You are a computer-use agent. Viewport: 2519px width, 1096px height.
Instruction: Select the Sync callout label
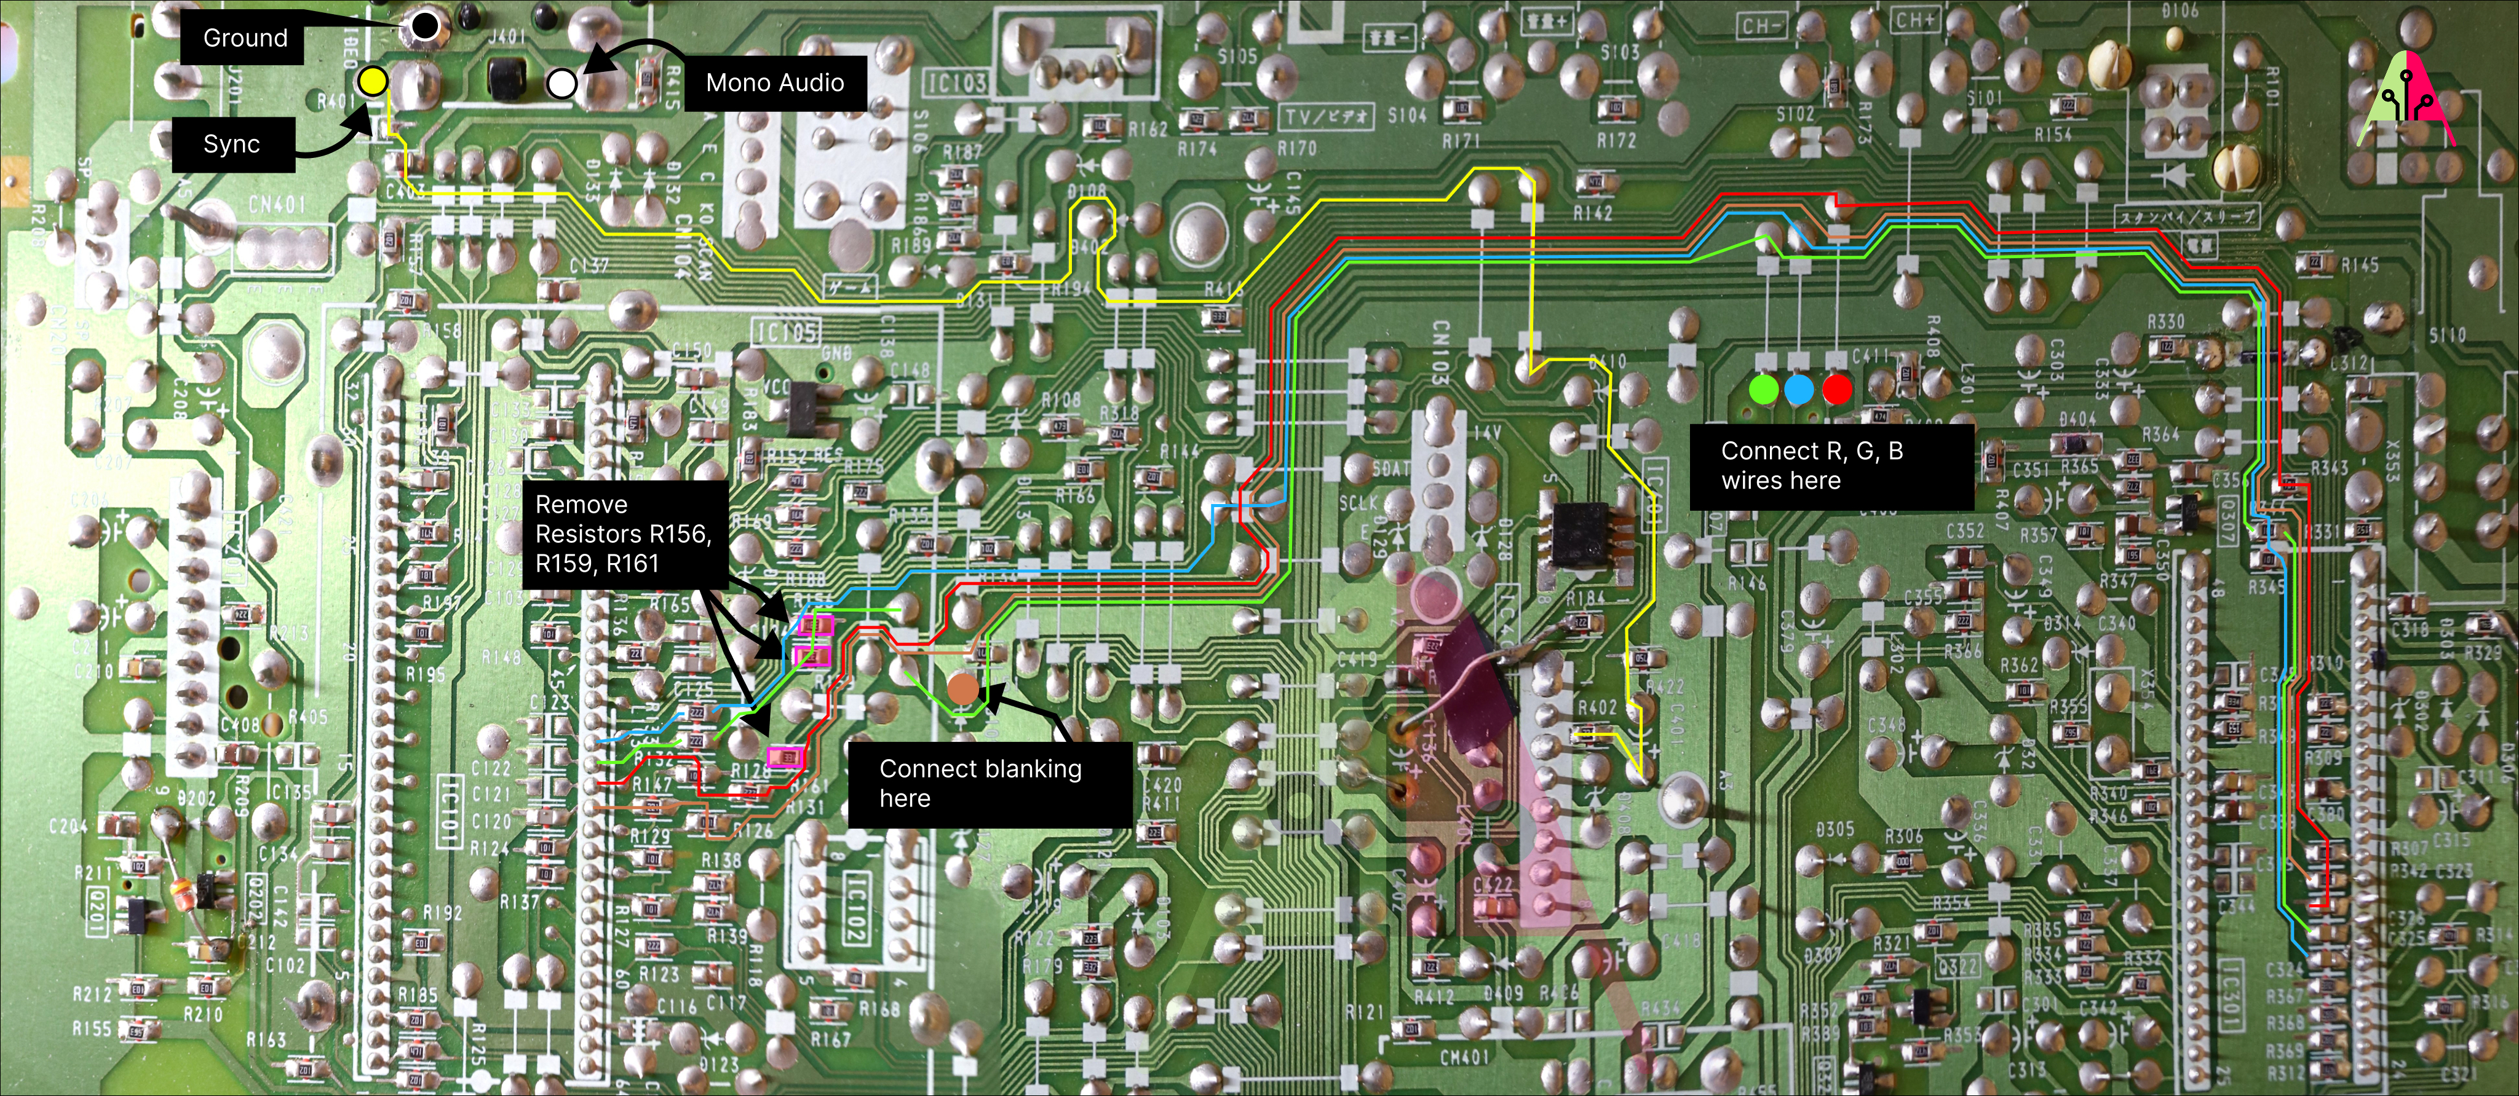[x=232, y=144]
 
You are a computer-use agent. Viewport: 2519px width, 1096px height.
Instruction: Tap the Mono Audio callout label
[x=774, y=83]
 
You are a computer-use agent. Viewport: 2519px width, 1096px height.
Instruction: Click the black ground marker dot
[x=424, y=26]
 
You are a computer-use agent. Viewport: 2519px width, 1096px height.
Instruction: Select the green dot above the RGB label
[x=1763, y=389]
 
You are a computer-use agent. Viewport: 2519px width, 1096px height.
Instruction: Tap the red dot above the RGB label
[x=1836, y=389]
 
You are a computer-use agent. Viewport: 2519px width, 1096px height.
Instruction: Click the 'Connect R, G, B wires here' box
[x=1831, y=467]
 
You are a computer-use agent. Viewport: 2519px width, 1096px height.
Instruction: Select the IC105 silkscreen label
[x=787, y=333]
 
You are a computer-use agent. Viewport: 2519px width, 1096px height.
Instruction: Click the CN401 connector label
[x=277, y=204]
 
